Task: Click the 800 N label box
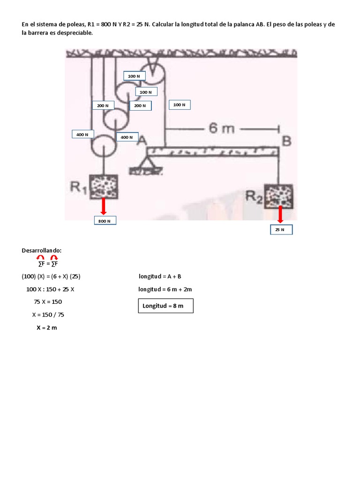click(105, 220)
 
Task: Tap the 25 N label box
click(280, 230)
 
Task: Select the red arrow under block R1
click(104, 206)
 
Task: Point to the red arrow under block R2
click(280, 214)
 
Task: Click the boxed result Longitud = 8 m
click(165, 306)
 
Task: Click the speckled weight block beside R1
click(104, 187)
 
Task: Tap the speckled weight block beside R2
click(279, 196)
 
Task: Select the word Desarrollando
click(42, 251)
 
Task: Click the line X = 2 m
click(46, 328)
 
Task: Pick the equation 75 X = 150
click(48, 302)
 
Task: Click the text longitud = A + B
click(160, 277)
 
